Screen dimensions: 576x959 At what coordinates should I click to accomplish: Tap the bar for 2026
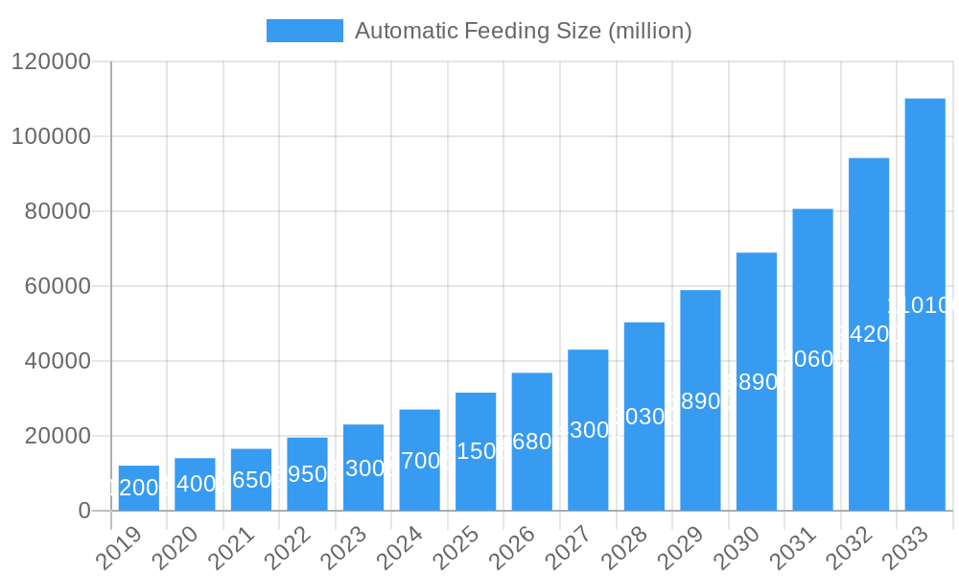click(x=532, y=442)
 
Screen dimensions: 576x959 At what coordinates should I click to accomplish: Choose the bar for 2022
click(x=307, y=474)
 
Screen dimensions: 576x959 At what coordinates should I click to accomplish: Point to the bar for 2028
click(x=644, y=417)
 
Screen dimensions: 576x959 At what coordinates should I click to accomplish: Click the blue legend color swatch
click(x=304, y=31)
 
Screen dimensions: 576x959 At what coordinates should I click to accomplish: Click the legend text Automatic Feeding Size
click(x=523, y=31)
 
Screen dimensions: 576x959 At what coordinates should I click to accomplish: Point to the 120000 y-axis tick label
click(x=50, y=62)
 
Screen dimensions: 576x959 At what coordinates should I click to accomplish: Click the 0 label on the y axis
click(x=84, y=511)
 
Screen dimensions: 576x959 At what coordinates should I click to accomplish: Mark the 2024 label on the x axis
click(x=398, y=548)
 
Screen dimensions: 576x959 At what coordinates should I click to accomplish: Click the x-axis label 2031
click(x=791, y=548)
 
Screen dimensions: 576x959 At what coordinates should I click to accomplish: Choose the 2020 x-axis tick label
click(x=174, y=548)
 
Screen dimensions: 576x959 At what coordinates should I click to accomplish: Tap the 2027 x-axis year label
click(x=567, y=548)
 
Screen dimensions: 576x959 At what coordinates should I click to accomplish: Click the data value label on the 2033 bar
click(x=923, y=305)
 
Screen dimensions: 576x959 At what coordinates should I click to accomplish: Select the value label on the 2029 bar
click(x=700, y=401)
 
